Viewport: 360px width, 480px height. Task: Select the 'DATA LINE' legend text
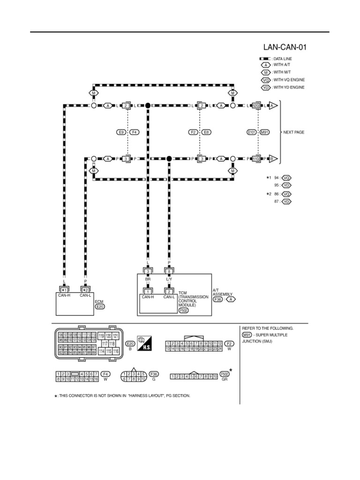tap(283, 59)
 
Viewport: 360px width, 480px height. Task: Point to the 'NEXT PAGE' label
tap(294, 132)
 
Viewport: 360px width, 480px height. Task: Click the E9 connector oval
tap(121, 132)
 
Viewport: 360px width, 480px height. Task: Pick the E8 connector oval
tap(206, 132)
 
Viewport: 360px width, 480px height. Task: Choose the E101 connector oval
tap(252, 132)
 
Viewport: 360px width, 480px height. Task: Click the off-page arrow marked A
tap(273, 106)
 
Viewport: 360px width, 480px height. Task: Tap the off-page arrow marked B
tap(273, 158)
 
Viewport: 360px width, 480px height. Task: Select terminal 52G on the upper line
tap(256, 106)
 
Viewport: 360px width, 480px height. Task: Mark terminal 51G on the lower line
tap(256, 158)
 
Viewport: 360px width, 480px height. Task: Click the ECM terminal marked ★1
tap(64, 290)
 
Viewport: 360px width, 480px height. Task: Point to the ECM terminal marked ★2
tap(85, 290)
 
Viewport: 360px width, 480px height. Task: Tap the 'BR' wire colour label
tap(148, 279)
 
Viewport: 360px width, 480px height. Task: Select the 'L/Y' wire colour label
tap(169, 279)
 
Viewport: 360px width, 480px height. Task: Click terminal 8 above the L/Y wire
tap(169, 271)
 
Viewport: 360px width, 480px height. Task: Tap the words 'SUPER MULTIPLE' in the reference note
tap(273, 335)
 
